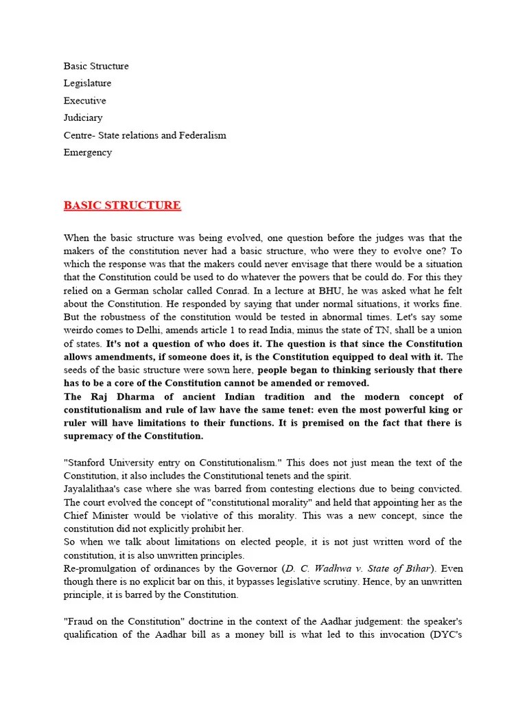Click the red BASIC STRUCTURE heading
point(122,205)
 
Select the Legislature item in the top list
point(87,83)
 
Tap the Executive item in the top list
point(85,100)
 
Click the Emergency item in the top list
point(88,152)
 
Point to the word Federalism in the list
point(202,135)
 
